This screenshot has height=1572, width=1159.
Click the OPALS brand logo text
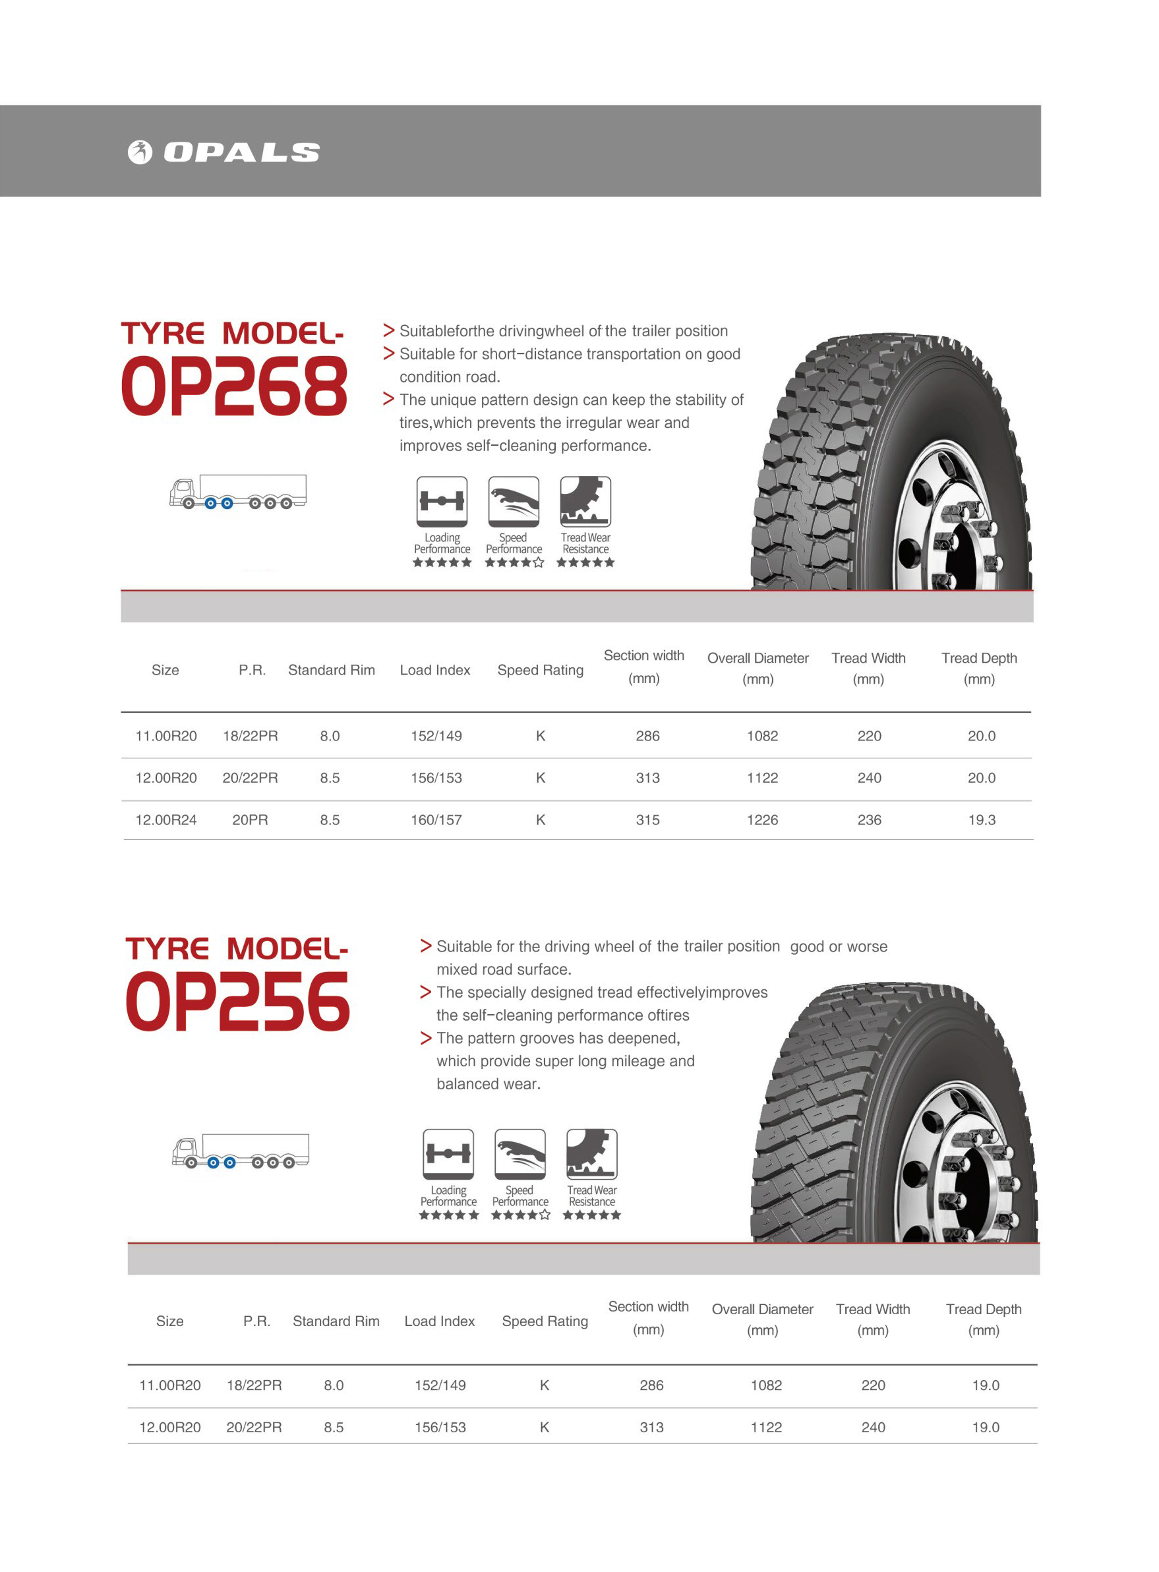pyautogui.click(x=241, y=152)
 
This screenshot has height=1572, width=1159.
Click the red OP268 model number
pyautogui.click(x=234, y=386)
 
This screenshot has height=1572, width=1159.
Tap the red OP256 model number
pyautogui.click(x=238, y=1002)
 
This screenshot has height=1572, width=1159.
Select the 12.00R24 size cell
pyautogui.click(x=165, y=820)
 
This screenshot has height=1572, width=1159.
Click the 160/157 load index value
pyautogui.click(x=436, y=820)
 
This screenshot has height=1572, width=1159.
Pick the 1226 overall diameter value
pyautogui.click(x=762, y=820)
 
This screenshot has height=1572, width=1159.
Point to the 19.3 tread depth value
pyautogui.click(x=982, y=820)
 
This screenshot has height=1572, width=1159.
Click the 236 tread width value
pyautogui.click(x=869, y=820)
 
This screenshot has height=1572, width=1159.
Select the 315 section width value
pyautogui.click(x=647, y=820)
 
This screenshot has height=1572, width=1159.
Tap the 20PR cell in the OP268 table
pyautogui.click(x=250, y=820)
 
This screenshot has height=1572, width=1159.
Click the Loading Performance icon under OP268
pyautogui.click(x=441, y=501)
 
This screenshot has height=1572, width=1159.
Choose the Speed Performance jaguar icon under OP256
pyautogui.click(x=520, y=1154)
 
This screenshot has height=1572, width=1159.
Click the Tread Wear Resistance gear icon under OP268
pyautogui.click(x=585, y=501)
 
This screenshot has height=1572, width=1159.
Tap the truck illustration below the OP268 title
pyautogui.click(x=238, y=491)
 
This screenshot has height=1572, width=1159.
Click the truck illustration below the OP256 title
pyautogui.click(x=241, y=1150)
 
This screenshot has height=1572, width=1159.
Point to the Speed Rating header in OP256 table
pyautogui.click(x=545, y=1321)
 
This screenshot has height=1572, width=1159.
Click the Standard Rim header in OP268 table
pyautogui.click(x=331, y=670)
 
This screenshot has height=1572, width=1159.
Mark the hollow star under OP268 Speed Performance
pyautogui.click(x=538, y=563)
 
